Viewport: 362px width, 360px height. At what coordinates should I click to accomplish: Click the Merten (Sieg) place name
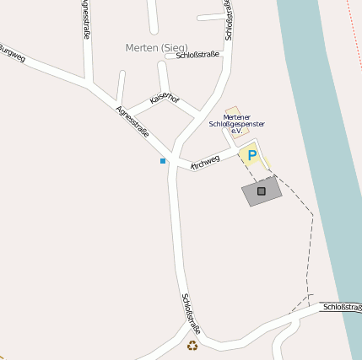156,47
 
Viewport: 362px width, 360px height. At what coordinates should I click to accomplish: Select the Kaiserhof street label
164,99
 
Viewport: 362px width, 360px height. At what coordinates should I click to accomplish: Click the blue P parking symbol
251,155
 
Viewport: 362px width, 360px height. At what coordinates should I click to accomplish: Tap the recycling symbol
193,345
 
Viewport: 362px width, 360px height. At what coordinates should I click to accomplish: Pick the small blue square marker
163,160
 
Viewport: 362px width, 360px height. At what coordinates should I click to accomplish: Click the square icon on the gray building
261,191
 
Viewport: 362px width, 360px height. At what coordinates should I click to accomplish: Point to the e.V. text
236,132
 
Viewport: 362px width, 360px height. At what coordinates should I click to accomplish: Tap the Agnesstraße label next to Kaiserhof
132,121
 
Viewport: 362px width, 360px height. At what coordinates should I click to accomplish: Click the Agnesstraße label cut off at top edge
86,19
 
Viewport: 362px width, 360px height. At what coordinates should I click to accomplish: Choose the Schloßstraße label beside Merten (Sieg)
197,55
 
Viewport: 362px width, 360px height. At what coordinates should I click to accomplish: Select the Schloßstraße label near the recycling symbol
191,312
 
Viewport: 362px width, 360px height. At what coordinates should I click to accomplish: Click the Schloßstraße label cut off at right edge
343,308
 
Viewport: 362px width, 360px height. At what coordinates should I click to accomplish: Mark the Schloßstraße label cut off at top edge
229,19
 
